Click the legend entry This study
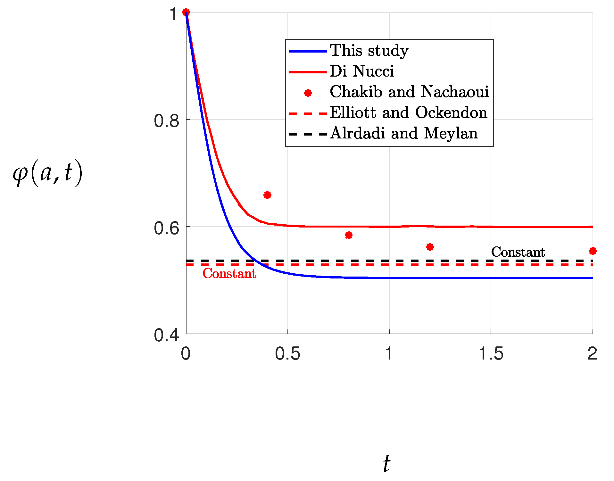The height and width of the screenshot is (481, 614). pyautogui.click(x=369, y=51)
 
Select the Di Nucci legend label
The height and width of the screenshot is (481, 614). pyautogui.click(x=362, y=71)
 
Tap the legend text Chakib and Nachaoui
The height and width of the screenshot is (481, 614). pyautogui.click(x=409, y=92)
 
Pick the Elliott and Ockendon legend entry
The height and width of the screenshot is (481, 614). pyautogui.click(x=408, y=112)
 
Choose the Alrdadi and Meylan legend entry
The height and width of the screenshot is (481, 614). pyautogui.click(x=404, y=133)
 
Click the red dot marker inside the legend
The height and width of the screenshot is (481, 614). pyautogui.click(x=308, y=93)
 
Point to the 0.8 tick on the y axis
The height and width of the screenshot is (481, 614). pyautogui.click(x=166, y=121)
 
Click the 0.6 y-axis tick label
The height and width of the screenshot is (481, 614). pyautogui.click(x=166, y=228)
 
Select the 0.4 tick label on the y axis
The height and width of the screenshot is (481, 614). pyautogui.click(x=166, y=335)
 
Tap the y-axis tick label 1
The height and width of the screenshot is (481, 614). pyautogui.click(x=174, y=14)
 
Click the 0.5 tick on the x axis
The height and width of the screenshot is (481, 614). pyautogui.click(x=287, y=354)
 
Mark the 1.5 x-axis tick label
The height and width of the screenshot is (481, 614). pyautogui.click(x=491, y=354)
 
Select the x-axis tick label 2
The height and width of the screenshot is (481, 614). pyautogui.click(x=592, y=354)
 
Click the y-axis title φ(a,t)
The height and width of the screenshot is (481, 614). pyautogui.click(x=47, y=173)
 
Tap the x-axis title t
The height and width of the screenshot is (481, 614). pyautogui.click(x=387, y=463)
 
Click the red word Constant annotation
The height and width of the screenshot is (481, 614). pyautogui.click(x=229, y=274)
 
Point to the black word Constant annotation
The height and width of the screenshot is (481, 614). pyautogui.click(x=518, y=252)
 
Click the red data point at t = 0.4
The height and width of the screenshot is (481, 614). pyautogui.click(x=267, y=195)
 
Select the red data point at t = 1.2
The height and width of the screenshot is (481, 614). pyautogui.click(x=430, y=247)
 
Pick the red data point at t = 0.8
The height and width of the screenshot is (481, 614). pyautogui.click(x=349, y=235)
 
